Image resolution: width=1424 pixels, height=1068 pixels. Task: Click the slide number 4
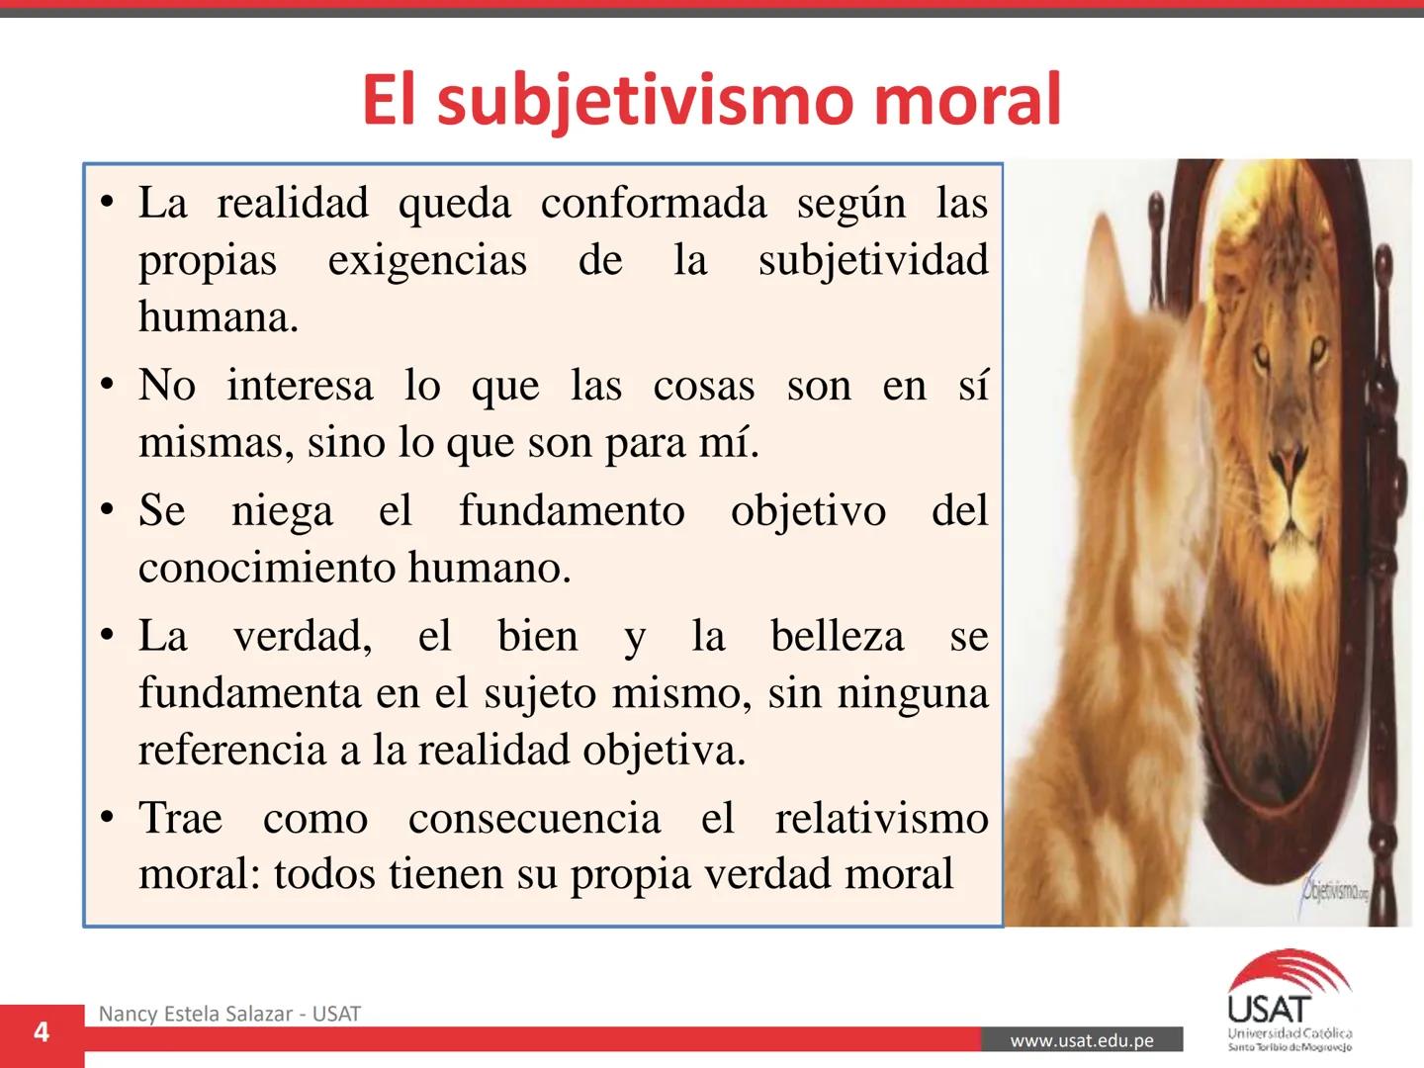42,1032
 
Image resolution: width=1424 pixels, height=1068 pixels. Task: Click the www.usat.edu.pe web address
1082,1040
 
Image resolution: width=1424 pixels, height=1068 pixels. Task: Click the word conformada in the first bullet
654,204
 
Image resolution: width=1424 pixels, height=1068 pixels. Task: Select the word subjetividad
873,260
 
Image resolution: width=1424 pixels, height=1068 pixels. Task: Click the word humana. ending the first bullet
219,317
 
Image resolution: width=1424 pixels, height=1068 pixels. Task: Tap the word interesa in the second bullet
301,385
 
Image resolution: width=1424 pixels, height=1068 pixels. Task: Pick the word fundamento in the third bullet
572,511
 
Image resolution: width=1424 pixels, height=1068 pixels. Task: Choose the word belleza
837,636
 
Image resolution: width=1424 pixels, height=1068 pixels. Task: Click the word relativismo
881,818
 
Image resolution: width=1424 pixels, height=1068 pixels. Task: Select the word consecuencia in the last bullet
534,818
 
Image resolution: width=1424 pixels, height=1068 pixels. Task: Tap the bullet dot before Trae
108,819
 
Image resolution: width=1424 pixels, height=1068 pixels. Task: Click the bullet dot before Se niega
108,511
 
